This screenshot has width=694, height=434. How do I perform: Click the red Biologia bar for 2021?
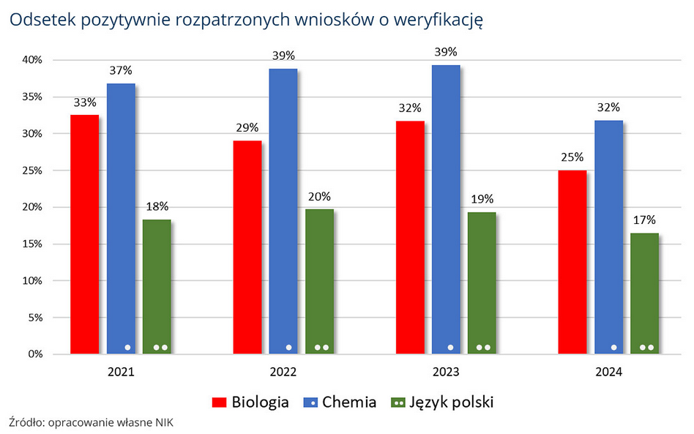click(x=84, y=234)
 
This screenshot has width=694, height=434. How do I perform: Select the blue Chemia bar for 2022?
click(x=283, y=212)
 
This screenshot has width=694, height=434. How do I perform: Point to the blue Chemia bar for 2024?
click(x=608, y=237)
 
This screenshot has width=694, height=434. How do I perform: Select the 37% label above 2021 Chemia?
click(x=122, y=70)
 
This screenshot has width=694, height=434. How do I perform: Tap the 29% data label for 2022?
click(x=247, y=127)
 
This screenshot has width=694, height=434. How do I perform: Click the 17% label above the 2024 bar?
click(x=645, y=220)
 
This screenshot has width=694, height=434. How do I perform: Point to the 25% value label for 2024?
click(x=572, y=157)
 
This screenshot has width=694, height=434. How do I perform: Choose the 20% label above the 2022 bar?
click(x=320, y=196)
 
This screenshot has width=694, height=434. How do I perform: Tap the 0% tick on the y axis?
click(x=38, y=354)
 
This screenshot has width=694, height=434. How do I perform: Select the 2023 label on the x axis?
click(x=446, y=373)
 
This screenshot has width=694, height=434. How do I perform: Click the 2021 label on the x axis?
click(x=121, y=373)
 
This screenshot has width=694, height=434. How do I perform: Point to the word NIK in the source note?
click(x=165, y=422)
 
